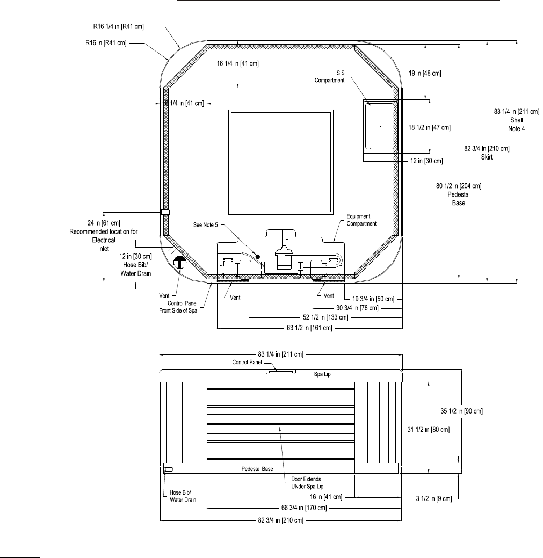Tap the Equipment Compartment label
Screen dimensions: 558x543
pos(360,220)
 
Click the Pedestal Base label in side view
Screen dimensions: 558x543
pos(257,469)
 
